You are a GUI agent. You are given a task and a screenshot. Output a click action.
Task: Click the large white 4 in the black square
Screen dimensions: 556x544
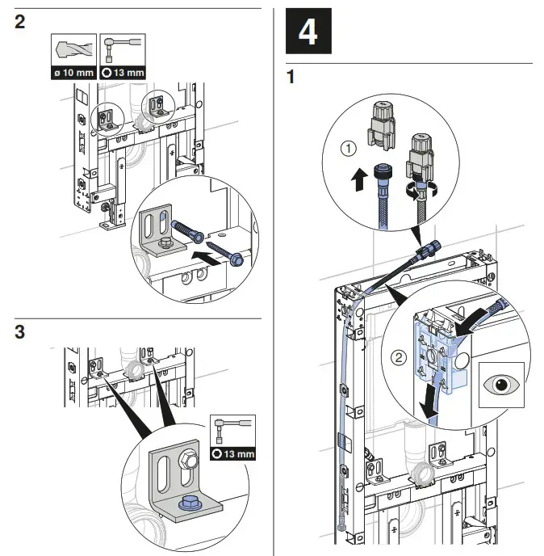(x=308, y=32)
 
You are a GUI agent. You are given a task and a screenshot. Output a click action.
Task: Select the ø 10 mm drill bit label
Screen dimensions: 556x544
(x=72, y=74)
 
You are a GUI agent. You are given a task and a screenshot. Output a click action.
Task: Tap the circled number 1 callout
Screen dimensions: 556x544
(x=347, y=149)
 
